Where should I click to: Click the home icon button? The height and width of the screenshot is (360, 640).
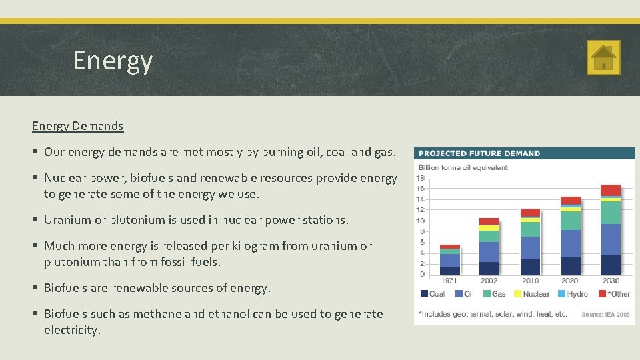point(603,57)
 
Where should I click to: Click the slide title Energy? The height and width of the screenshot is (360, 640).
point(113,61)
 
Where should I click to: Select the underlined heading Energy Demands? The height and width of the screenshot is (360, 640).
point(77,125)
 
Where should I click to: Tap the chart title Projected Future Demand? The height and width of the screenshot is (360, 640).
point(479,153)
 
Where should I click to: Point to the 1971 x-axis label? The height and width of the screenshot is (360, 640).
point(449,281)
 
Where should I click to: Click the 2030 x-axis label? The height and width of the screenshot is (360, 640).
point(610,281)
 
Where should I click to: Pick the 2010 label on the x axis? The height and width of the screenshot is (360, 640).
point(530,281)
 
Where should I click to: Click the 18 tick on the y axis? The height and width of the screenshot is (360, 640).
point(421,178)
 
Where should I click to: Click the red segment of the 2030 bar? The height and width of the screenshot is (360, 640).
point(610,190)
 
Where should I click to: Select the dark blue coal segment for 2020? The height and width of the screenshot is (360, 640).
point(570,266)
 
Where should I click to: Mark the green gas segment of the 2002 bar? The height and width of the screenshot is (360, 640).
point(489,236)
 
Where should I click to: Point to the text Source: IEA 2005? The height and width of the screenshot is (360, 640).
point(605,314)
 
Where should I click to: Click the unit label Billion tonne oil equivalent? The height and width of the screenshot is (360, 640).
point(463,167)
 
